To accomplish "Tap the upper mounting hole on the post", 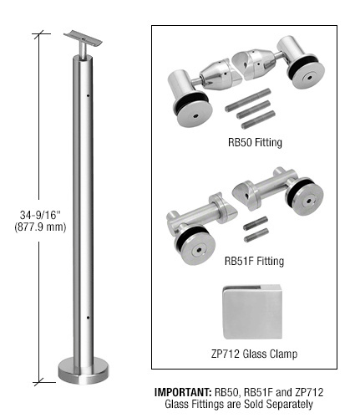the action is [88, 95].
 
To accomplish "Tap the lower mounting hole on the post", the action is [88, 318].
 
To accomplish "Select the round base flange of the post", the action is [84, 371].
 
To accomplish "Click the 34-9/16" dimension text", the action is [40, 215].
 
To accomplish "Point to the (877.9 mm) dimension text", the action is [40, 227].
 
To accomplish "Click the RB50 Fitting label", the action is [255, 142].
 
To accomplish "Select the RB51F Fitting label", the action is [254, 261].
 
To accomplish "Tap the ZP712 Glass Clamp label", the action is [254, 354].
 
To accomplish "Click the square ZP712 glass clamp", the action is [252, 312].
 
